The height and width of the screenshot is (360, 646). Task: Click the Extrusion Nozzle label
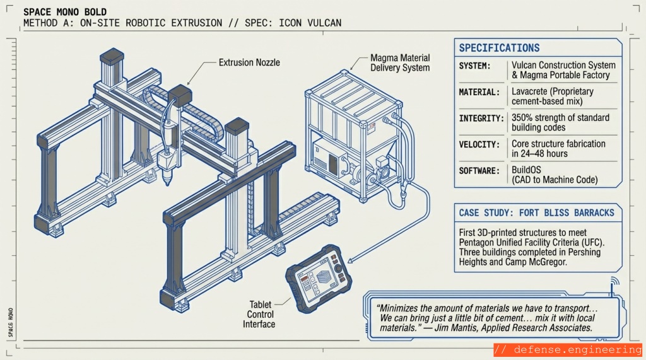point(249,62)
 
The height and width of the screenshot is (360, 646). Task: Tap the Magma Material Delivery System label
point(400,63)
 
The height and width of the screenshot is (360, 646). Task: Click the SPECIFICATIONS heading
point(499,48)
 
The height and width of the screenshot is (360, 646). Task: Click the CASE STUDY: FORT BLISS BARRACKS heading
point(536,212)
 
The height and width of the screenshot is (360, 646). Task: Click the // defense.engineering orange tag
point(568,349)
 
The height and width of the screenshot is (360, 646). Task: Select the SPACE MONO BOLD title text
point(64,13)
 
